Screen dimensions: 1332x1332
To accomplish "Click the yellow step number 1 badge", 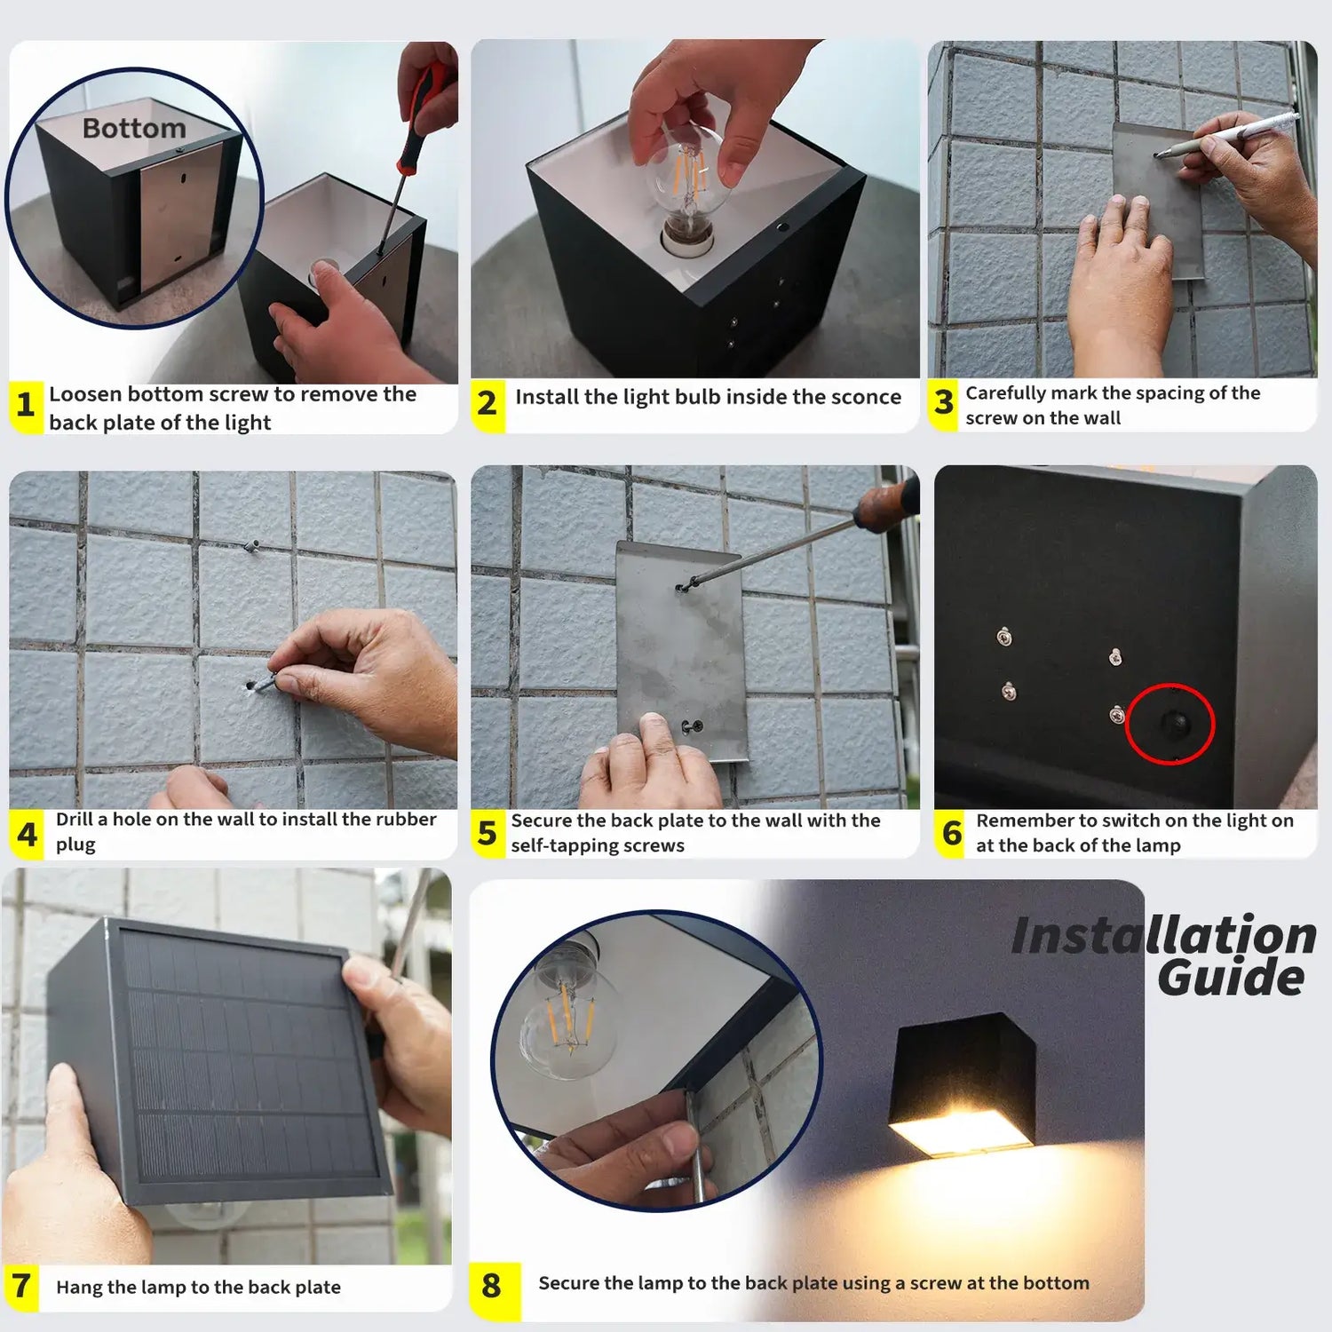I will (26, 406).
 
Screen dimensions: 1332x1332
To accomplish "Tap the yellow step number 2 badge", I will (487, 404).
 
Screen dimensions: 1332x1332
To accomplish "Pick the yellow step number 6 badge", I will (951, 834).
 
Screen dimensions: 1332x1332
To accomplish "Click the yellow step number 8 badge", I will (491, 1286).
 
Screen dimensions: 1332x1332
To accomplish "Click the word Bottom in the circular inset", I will (134, 129).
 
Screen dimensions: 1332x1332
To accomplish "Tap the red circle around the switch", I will (1169, 724).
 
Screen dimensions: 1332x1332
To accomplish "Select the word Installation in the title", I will (1163, 936).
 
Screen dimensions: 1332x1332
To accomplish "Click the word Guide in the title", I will (1231, 978).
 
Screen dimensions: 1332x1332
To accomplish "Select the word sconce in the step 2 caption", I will (864, 397).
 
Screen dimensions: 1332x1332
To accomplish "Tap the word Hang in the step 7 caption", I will (78, 1287).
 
